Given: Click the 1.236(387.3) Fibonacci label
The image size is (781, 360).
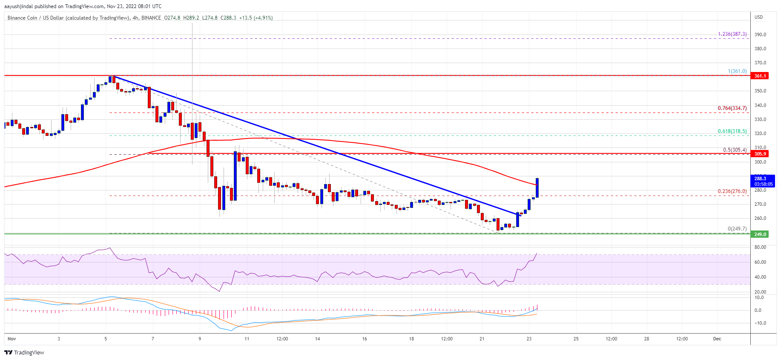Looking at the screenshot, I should [732, 34].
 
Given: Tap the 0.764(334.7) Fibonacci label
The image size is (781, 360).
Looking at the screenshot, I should [732, 108].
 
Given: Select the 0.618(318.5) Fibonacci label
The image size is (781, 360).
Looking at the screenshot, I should [732, 131].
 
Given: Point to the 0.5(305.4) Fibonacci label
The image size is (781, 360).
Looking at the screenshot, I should [735, 150].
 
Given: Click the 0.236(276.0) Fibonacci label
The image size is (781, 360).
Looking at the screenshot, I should [732, 191].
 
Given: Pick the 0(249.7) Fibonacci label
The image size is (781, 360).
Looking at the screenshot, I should [737, 229].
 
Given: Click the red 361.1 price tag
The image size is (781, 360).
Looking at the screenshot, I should [760, 76].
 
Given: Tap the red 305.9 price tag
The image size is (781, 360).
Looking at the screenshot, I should [760, 154].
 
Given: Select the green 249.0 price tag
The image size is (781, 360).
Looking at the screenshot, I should [760, 234].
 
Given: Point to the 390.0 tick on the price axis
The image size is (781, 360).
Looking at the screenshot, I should [760, 35].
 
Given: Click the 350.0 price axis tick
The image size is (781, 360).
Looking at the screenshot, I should [760, 91].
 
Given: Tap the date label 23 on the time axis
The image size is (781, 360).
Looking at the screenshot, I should [529, 339].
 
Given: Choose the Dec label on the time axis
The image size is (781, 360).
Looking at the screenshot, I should [717, 339].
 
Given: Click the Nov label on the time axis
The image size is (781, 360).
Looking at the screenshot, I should [11, 339].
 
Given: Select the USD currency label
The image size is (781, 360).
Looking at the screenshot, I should [758, 17].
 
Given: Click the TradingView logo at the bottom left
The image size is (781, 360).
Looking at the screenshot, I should [24, 352].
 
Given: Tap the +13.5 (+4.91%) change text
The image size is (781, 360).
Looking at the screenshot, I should [256, 18].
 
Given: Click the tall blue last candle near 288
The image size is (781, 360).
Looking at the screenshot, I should [537, 187].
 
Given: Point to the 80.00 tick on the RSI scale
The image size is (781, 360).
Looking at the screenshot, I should [760, 247].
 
